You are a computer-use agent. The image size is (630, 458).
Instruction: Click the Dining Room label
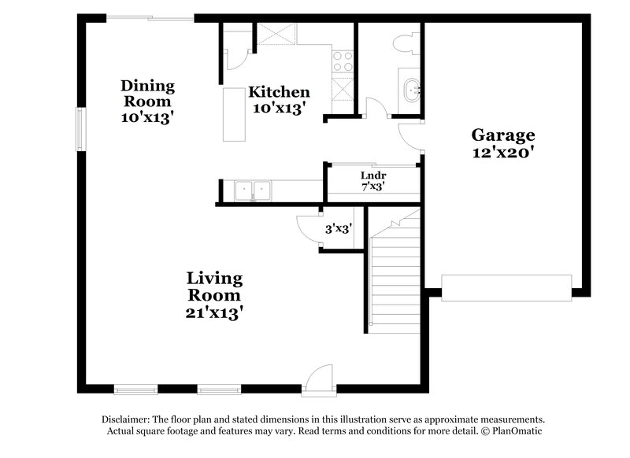147,93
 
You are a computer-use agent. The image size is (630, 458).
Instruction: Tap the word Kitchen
280,92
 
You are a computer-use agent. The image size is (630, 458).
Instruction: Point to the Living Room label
213,286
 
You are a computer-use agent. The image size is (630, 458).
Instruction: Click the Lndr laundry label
372,175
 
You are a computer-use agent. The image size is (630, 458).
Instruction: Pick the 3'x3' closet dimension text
339,230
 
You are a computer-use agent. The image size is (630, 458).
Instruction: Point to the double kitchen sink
252,190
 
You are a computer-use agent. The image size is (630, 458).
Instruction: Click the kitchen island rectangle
234,115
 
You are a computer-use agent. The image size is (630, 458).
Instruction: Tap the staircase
396,271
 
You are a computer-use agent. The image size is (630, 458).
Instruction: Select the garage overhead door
506,287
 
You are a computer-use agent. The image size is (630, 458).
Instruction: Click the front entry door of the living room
321,378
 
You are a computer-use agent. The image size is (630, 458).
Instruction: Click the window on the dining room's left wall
80,127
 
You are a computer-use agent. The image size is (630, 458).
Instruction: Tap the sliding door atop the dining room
150,17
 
